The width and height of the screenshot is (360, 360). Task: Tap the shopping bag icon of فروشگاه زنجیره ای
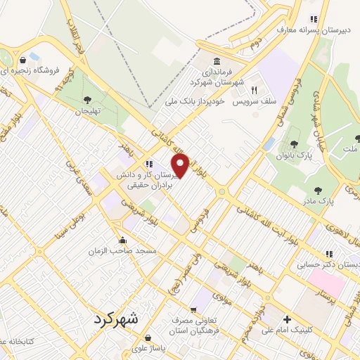click(24, 59)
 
